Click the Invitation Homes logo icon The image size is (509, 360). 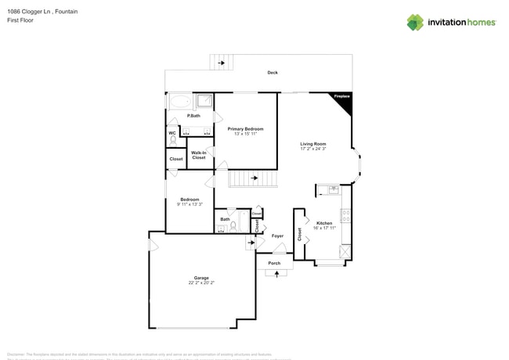(414, 23)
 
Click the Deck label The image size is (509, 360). (273, 73)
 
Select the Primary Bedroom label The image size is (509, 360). (245, 128)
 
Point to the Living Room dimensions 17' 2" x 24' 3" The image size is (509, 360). (312, 149)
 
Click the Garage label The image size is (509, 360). (201, 278)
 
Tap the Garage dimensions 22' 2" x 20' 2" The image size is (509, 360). (201, 283)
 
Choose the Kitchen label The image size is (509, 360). (324, 223)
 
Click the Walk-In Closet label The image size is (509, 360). (199, 155)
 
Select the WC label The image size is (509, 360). (172, 133)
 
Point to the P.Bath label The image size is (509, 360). (193, 116)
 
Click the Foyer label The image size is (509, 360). (277, 236)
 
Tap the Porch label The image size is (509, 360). (274, 263)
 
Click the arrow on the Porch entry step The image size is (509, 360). (276, 273)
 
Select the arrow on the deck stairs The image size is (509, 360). (221, 62)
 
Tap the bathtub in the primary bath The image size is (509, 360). (179, 101)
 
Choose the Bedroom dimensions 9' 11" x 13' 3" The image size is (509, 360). (190, 204)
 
